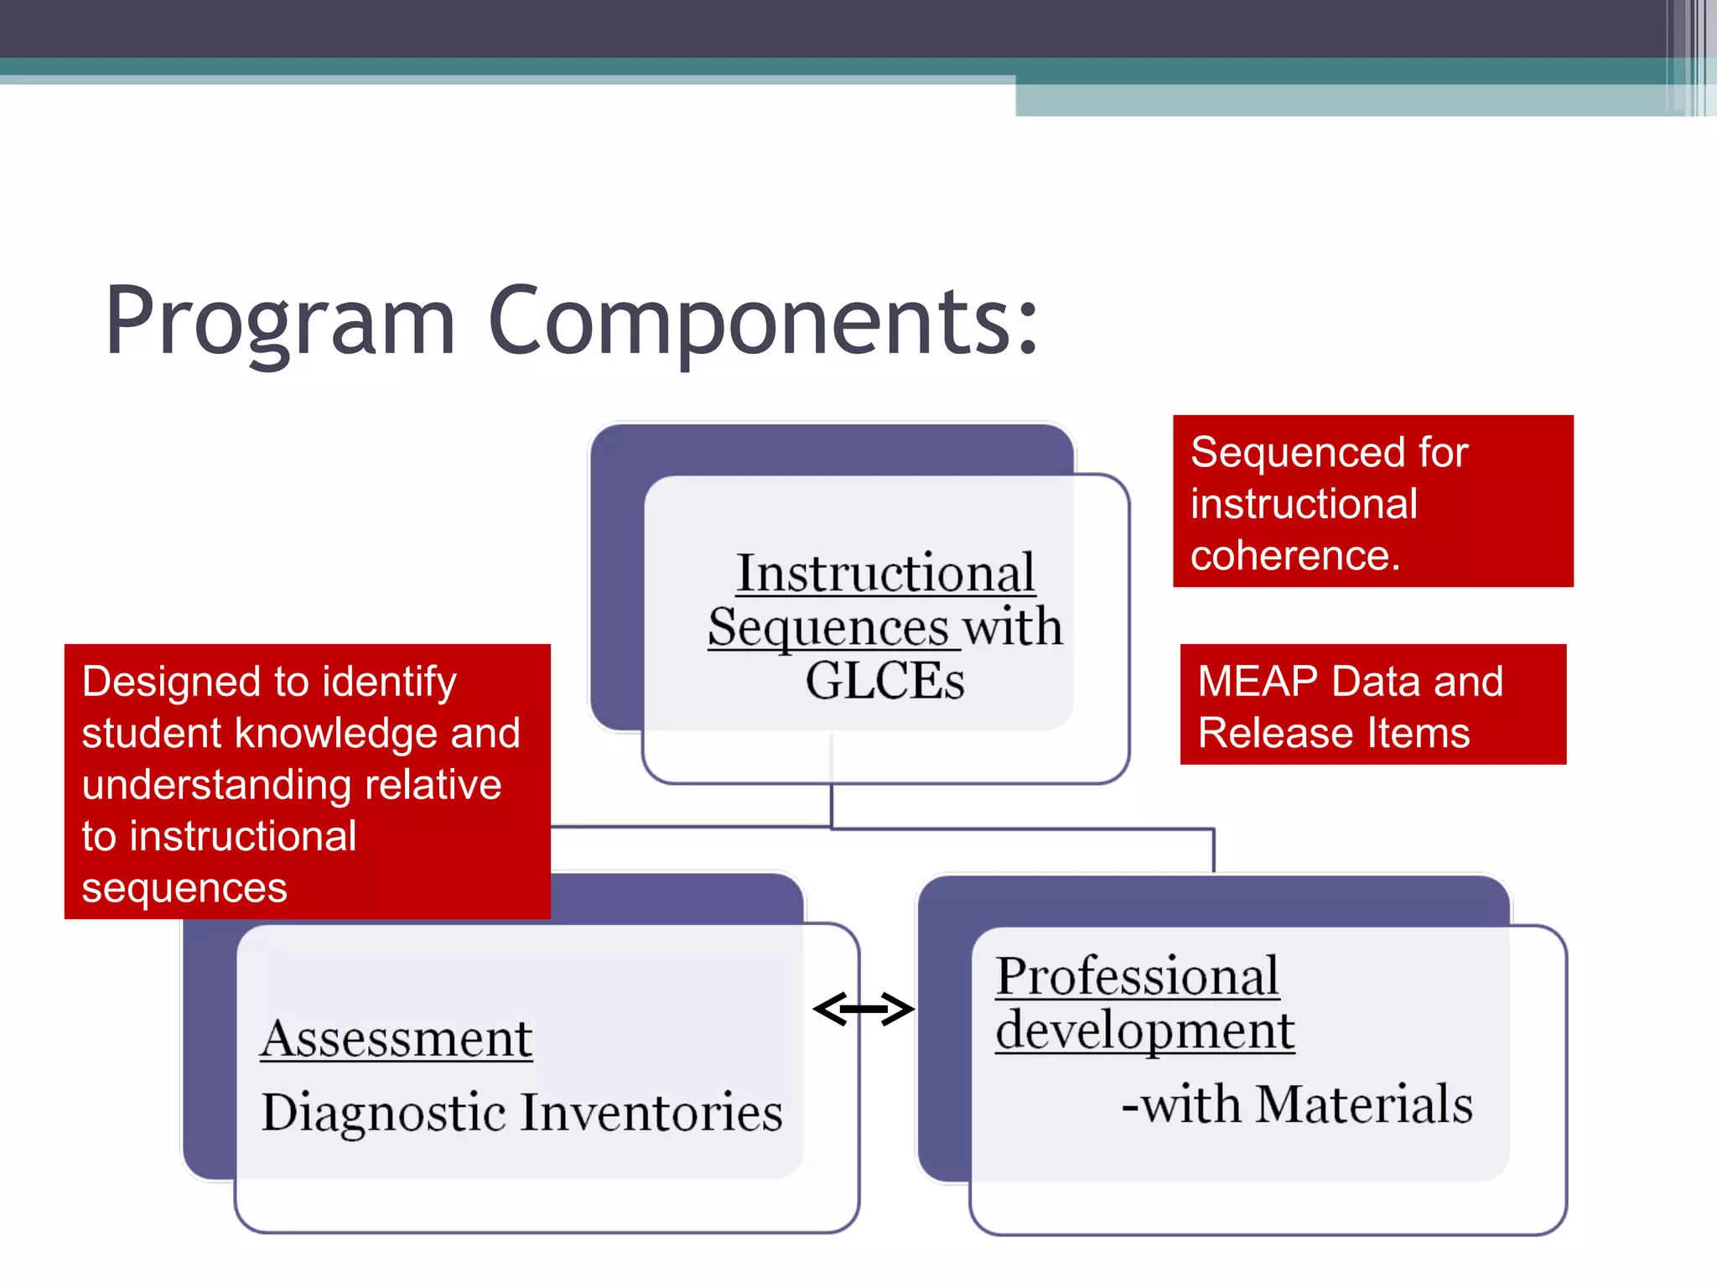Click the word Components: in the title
(x=763, y=323)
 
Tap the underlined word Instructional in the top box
(x=885, y=574)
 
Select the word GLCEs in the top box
(x=884, y=681)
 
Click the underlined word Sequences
(x=828, y=629)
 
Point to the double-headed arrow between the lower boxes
(x=864, y=1009)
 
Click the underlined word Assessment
(x=396, y=1040)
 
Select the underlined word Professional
(x=1137, y=977)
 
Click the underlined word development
(x=1144, y=1031)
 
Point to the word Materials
(x=1364, y=1104)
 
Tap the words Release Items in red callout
(x=1333, y=733)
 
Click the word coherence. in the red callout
(x=1295, y=555)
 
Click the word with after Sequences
(x=1012, y=627)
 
